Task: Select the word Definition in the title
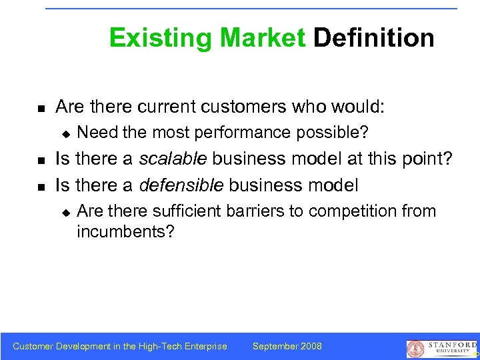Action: coord(373,38)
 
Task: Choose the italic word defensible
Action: coord(181,184)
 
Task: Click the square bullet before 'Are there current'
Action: coord(40,107)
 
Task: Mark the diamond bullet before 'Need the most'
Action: coord(65,133)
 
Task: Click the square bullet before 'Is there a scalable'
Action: coord(40,160)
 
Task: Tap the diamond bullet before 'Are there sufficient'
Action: coord(65,212)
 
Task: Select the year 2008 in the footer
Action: coord(311,346)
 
